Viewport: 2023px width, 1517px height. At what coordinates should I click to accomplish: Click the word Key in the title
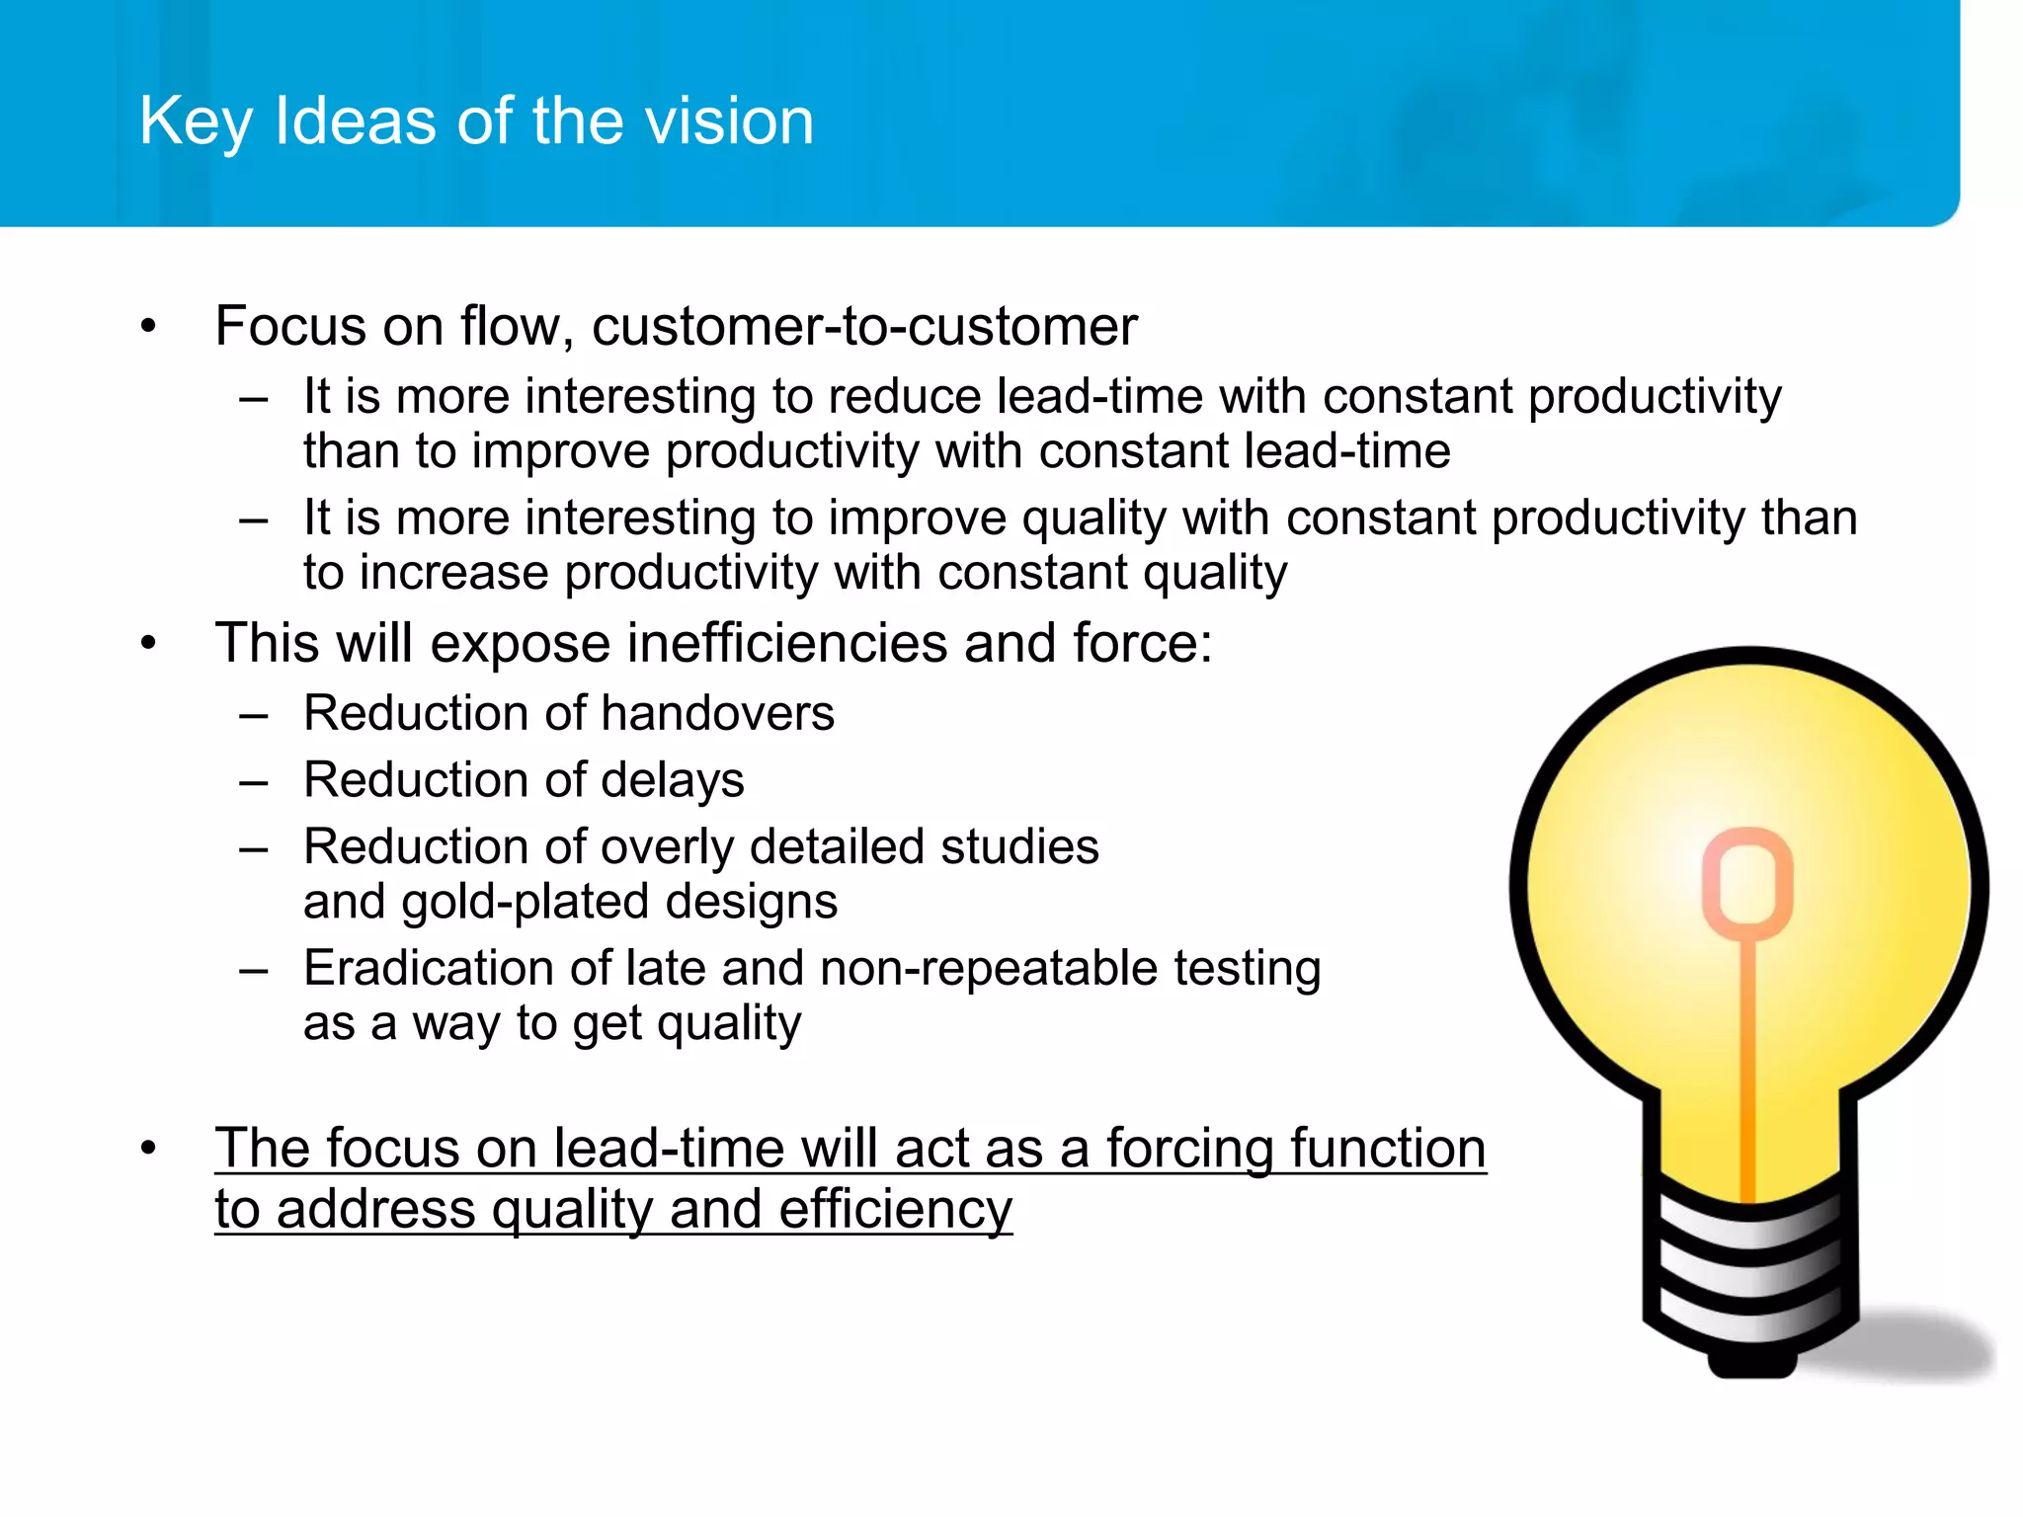point(196,122)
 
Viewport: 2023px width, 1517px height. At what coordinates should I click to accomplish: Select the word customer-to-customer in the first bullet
point(864,326)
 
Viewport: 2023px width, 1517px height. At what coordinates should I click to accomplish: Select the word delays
point(672,780)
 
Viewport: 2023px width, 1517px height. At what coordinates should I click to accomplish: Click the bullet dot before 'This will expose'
point(148,644)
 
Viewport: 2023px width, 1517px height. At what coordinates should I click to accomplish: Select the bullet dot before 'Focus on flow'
point(148,327)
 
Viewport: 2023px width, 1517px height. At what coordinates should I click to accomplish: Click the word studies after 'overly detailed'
point(1019,847)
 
